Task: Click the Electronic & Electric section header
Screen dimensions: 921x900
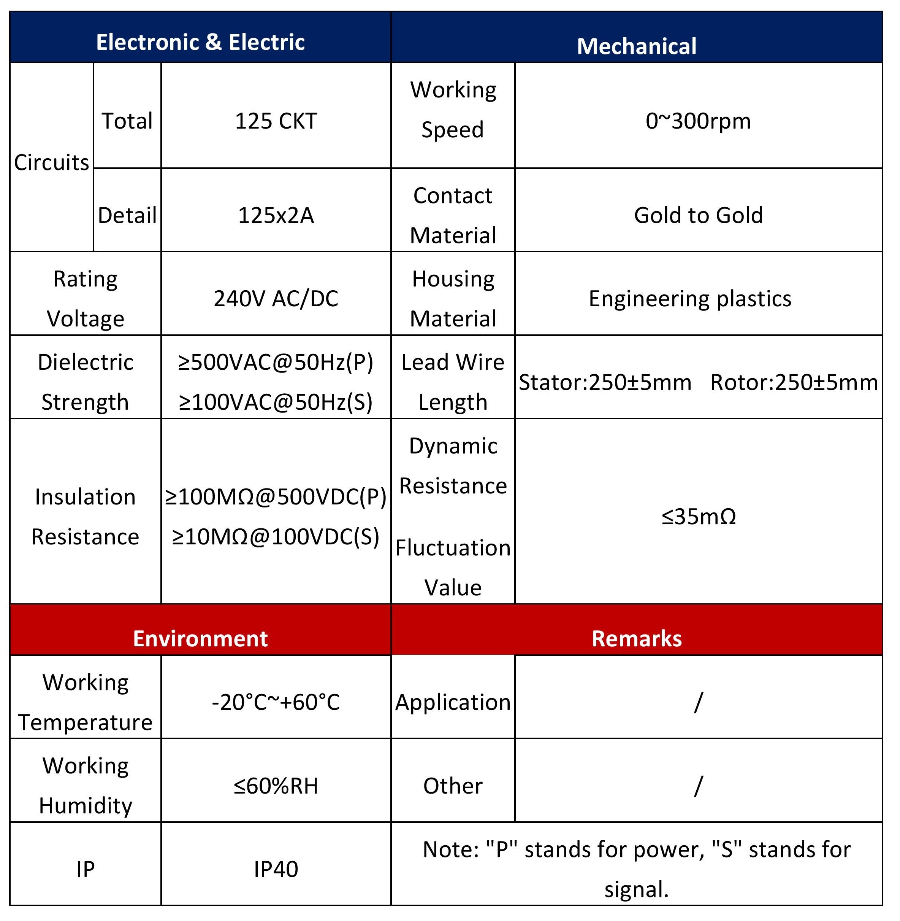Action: point(200,42)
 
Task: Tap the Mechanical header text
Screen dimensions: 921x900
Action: point(636,46)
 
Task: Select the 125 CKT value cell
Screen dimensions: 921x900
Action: point(276,121)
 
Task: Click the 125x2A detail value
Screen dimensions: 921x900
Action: point(276,215)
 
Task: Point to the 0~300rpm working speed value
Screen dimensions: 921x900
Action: point(698,121)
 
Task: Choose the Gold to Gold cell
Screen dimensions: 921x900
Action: point(698,215)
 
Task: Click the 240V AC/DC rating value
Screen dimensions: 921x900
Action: point(276,299)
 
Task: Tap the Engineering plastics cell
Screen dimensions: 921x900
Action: point(690,299)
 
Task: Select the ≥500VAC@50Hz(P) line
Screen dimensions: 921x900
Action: point(276,362)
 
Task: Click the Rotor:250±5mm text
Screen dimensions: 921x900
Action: point(794,382)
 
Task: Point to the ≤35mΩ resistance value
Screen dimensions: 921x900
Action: point(698,517)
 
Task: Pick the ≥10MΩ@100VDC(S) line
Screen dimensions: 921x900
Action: point(276,536)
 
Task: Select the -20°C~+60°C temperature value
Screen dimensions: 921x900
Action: point(276,702)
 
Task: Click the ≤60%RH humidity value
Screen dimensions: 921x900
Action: point(276,786)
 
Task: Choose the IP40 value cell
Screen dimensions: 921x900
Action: point(276,869)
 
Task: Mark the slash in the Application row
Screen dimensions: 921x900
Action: point(698,702)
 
